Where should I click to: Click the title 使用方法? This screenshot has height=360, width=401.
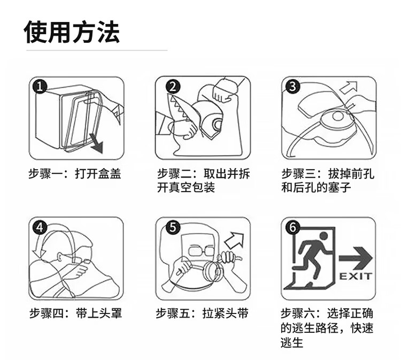click(x=71, y=32)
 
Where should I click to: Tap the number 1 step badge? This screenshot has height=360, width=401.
click(x=40, y=86)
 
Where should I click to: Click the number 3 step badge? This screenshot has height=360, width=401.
click(x=292, y=86)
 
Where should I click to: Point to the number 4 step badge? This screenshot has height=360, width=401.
click(x=40, y=227)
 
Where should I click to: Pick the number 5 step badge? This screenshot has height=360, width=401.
click(x=173, y=227)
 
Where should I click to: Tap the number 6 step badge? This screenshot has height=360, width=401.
click(x=292, y=227)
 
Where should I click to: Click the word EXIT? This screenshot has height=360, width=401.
click(x=356, y=277)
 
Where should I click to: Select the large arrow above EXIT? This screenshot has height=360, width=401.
click(x=356, y=258)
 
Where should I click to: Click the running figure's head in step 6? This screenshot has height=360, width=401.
click(x=323, y=236)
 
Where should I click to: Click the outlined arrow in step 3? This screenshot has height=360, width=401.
click(x=348, y=88)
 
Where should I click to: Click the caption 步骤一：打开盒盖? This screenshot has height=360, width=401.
click(x=74, y=174)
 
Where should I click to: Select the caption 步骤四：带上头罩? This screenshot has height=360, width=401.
click(x=75, y=313)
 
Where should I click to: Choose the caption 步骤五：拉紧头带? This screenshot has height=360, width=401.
click(x=202, y=313)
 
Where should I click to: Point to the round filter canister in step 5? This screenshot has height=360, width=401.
click(x=213, y=272)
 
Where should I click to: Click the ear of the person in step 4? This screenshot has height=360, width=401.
click(x=60, y=257)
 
